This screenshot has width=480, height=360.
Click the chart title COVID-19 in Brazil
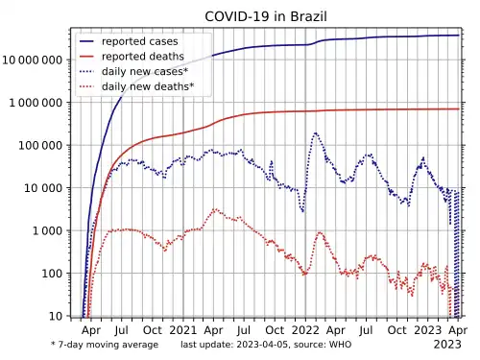(x=266, y=16)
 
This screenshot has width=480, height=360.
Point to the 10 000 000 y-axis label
(x=33, y=60)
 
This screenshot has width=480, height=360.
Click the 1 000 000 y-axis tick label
(x=36, y=103)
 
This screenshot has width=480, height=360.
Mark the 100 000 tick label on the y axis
(x=40, y=146)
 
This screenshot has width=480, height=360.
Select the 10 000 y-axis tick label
(x=43, y=188)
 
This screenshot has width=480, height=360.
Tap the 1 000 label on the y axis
(x=47, y=230)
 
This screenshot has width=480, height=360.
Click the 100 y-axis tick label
(x=52, y=274)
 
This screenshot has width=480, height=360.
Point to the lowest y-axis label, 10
(x=56, y=316)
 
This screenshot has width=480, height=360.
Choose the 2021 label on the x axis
(x=183, y=330)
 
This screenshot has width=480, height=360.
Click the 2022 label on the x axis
(x=305, y=330)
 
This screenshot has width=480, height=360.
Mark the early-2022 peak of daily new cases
(x=316, y=132)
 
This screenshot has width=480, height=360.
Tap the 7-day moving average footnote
(x=105, y=345)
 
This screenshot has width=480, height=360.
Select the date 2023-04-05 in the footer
(x=262, y=345)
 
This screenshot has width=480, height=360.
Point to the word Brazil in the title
(x=308, y=16)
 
